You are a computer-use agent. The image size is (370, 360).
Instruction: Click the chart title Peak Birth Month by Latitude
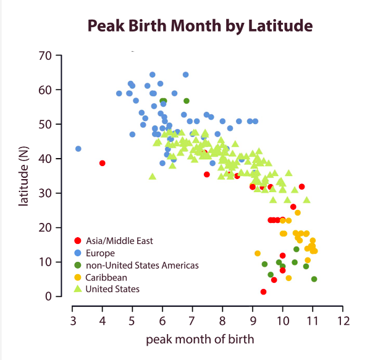(200, 26)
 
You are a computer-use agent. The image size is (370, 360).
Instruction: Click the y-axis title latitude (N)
(24, 176)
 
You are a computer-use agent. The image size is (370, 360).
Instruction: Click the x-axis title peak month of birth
(200, 339)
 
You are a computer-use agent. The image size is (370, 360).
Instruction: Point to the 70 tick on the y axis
(44, 56)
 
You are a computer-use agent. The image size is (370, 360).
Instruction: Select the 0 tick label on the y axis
(48, 296)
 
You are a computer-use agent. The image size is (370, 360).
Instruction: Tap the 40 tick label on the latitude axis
(44, 159)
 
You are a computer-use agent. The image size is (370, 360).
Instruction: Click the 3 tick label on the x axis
(72, 321)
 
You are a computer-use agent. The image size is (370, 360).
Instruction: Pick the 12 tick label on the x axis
(343, 321)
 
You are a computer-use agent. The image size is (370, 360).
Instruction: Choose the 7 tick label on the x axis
(192, 321)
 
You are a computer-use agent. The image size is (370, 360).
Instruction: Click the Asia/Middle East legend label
(119, 241)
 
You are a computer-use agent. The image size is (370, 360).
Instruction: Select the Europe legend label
(100, 253)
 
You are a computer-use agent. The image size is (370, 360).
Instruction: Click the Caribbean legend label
(106, 277)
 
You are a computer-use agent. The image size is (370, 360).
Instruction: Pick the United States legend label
(112, 289)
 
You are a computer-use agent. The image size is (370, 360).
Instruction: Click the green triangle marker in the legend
(77, 288)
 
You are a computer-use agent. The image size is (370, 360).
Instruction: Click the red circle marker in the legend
(77, 241)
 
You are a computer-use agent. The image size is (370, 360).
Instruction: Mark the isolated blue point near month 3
(78, 149)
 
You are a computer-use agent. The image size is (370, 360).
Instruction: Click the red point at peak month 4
(103, 163)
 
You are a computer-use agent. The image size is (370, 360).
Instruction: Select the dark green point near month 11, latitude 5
(314, 279)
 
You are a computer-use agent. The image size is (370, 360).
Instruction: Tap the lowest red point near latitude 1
(264, 291)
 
